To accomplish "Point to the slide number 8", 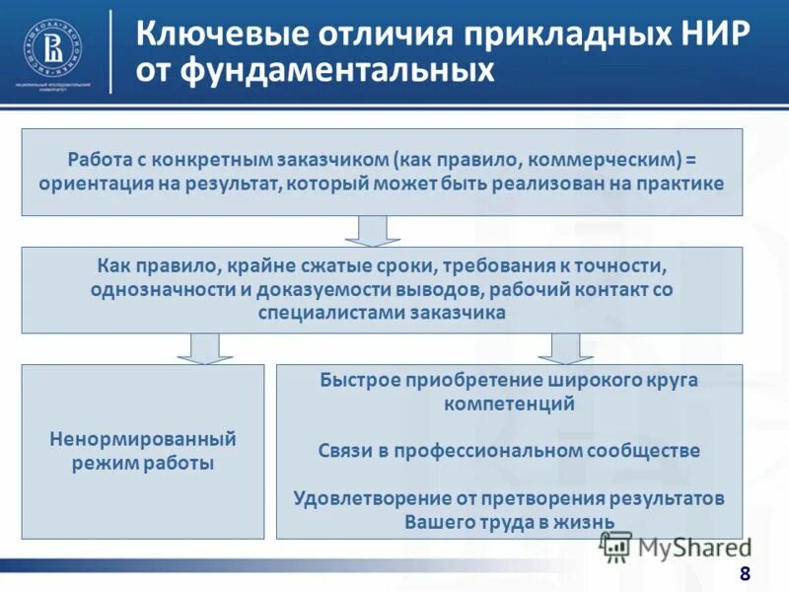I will [744, 574].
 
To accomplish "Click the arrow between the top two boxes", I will [372, 231].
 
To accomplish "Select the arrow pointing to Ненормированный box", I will [204, 347].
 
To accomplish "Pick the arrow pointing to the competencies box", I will [565, 347].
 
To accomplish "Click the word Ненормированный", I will [143, 438].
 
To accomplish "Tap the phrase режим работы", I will [143, 462].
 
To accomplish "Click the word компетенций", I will [509, 404].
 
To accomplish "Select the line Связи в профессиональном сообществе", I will [509, 451].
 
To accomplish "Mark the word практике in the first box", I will [683, 184].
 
